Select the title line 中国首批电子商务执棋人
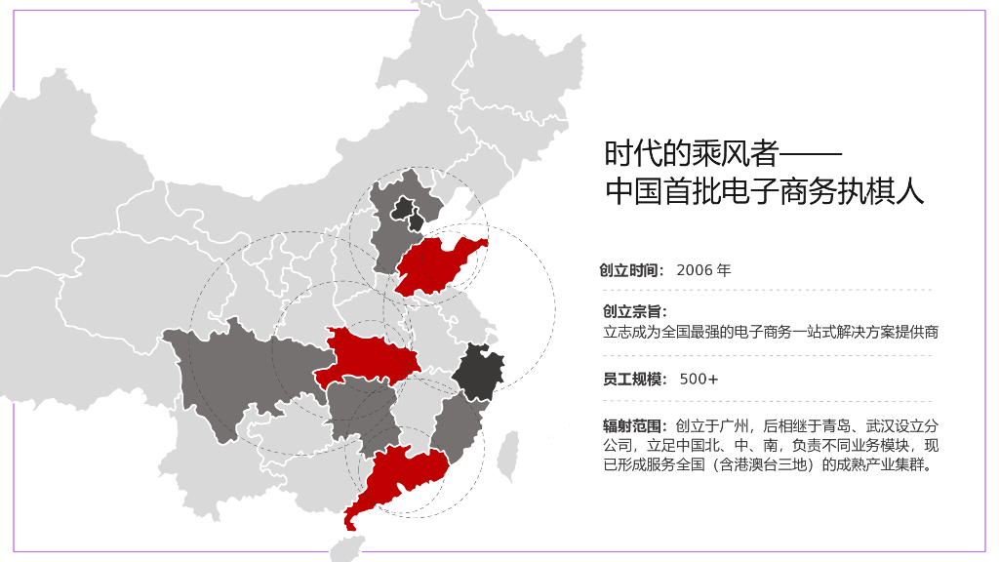(x=764, y=191)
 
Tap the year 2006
(x=694, y=270)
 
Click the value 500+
(x=699, y=379)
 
